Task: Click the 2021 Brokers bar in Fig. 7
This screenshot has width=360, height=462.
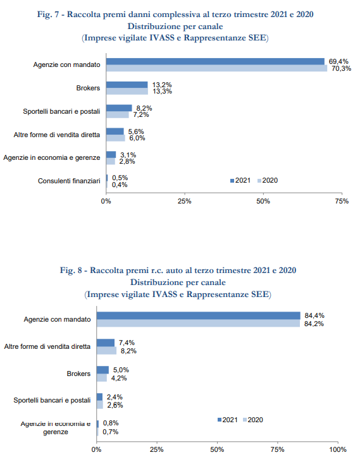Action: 127,85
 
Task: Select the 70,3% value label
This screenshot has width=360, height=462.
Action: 342,69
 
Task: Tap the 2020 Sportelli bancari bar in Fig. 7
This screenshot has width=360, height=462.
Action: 118,114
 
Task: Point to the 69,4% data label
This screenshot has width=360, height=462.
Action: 338,61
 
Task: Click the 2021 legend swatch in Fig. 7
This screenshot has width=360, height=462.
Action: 232,181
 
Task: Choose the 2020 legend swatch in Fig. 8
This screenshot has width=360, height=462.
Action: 245,420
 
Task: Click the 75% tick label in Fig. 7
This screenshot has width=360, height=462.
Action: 342,201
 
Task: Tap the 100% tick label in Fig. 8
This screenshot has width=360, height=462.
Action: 338,449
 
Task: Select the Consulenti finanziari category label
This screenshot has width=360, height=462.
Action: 69,181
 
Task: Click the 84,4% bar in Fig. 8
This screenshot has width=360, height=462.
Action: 199,315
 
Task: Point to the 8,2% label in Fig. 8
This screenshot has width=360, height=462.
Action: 128,351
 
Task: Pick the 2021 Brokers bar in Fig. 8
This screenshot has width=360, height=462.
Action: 102,370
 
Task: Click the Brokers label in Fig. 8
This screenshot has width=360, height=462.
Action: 78,374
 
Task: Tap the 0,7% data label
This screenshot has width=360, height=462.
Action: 111,432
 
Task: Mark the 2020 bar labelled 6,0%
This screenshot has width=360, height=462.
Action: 116,138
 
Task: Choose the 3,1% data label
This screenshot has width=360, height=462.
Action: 128,155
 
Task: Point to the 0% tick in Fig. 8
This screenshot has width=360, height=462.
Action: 96,449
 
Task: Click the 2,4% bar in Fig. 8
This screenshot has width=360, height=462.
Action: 100,397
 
